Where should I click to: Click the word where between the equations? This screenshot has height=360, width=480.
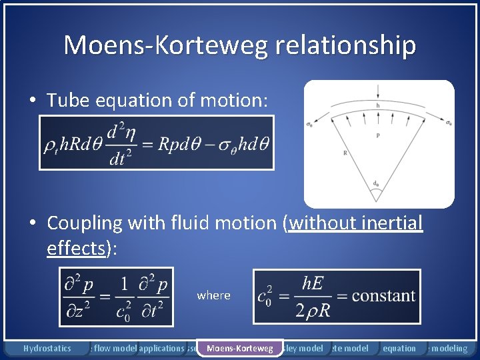213,295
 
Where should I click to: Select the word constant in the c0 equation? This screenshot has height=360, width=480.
383,295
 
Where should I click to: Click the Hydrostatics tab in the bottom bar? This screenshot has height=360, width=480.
47,348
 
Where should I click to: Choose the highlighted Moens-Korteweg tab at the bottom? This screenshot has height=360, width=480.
239,348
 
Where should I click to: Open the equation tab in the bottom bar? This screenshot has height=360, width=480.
399,348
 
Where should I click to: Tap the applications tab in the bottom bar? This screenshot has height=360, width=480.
161,348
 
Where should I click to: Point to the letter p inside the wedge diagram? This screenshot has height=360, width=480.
378,135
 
